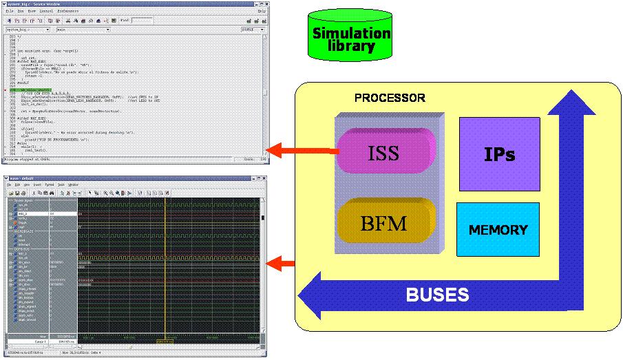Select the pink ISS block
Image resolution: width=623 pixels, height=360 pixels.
pyautogui.click(x=383, y=152)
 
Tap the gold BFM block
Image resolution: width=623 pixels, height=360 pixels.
pyautogui.click(x=383, y=223)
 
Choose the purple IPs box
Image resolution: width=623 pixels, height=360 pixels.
pyautogui.click(x=499, y=153)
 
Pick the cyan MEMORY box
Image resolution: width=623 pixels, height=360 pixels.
pyautogui.click(x=498, y=230)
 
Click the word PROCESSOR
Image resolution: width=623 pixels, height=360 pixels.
pyautogui.click(x=390, y=98)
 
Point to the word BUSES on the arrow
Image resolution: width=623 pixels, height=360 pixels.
pyautogui.click(x=437, y=295)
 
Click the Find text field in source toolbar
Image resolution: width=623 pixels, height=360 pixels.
pyautogui.click(x=142, y=21)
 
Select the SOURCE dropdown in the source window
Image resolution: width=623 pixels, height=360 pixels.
pyautogui.click(x=252, y=30)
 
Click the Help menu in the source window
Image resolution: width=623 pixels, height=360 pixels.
pyautogui.click(x=262, y=12)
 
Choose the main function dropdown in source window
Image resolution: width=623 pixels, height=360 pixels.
pyautogui.click(x=83, y=30)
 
